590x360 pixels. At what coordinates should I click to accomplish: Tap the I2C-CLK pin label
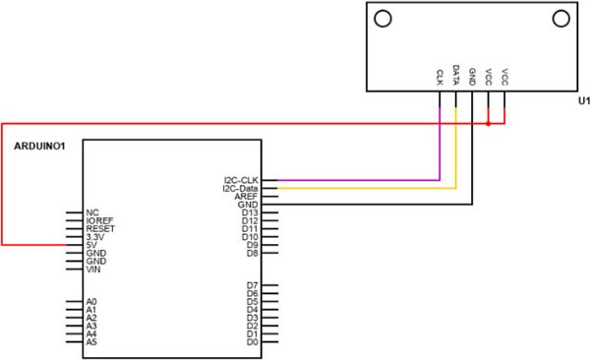point(241,180)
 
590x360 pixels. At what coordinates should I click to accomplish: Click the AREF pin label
point(247,196)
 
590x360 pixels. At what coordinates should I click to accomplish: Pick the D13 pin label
point(250,212)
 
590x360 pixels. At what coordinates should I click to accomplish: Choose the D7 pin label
point(252,285)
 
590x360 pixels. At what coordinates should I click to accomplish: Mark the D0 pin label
point(252,342)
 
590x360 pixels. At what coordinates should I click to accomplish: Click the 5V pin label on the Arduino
point(91,244)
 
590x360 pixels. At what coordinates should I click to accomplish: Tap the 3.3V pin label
point(94,236)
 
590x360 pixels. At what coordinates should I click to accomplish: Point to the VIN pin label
point(93,269)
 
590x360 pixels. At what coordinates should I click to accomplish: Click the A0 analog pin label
point(91,302)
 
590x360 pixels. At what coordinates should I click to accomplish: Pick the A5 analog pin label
point(91,342)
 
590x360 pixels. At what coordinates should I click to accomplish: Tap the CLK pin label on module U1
point(440,75)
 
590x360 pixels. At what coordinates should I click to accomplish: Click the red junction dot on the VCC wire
point(489,124)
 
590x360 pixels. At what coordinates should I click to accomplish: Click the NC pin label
point(91,211)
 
